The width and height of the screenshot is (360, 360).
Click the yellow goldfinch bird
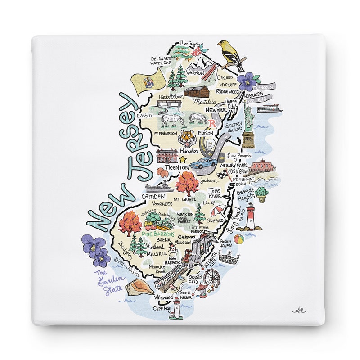[x=230, y=54]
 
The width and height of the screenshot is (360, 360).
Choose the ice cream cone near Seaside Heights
[x=263, y=194]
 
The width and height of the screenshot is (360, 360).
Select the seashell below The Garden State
[x=140, y=287]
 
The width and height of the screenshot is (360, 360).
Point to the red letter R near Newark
[x=213, y=123]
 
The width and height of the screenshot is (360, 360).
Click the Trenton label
[x=176, y=168]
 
